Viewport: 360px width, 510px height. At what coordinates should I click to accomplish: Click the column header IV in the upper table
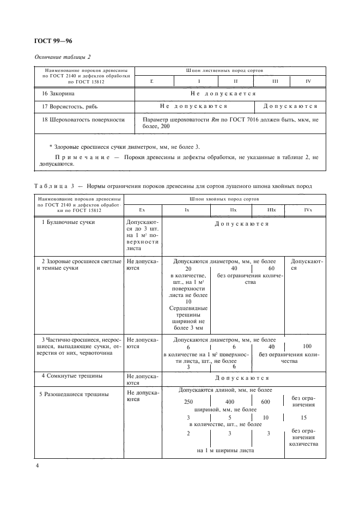(x=308, y=81)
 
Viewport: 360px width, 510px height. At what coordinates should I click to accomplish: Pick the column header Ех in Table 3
(x=142, y=210)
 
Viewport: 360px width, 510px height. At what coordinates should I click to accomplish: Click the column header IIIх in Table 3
(x=271, y=210)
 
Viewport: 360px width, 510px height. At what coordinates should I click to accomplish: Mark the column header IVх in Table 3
(x=308, y=210)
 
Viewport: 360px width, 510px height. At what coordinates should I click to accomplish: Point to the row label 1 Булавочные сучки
(x=68, y=223)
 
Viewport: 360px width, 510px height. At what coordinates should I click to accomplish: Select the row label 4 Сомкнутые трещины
(x=72, y=376)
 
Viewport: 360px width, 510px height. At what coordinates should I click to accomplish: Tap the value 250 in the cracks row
(x=188, y=402)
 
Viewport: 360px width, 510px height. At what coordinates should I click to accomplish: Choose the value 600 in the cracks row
(x=266, y=402)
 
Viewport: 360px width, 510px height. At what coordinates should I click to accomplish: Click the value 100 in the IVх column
(x=308, y=346)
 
